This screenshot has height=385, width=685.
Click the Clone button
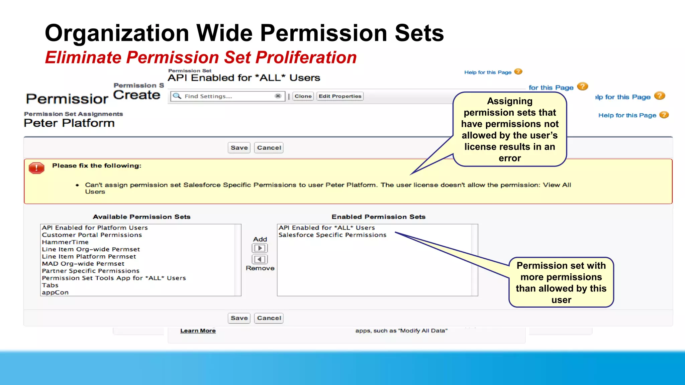pos(303,96)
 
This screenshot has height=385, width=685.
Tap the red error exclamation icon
pos(36,168)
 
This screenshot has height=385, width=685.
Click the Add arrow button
pos(260,248)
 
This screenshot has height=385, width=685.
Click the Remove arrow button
pos(260,259)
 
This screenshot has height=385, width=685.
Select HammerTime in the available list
pos(65,242)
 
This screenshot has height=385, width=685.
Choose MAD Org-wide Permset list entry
pos(83,264)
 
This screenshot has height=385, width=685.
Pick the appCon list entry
pos(55,292)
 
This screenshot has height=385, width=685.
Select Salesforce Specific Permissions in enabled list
pos(332,235)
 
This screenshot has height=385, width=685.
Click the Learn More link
pos(198,331)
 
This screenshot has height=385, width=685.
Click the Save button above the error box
pos(239,148)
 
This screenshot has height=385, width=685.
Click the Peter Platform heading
pos(69,123)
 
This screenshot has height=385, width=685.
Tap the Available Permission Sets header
pos(141,217)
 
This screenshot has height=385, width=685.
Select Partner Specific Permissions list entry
pos(91,271)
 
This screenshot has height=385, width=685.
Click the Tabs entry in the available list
pos(50,285)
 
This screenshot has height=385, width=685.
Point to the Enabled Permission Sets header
pos(378,217)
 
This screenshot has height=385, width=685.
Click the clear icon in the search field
pos(278,96)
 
